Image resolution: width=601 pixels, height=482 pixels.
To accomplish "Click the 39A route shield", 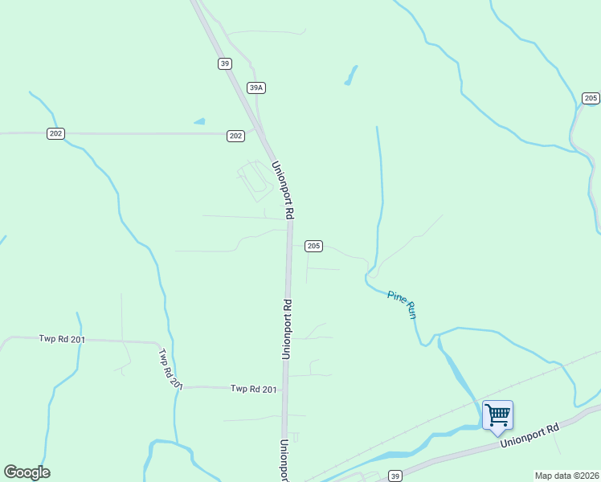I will pos(256,88).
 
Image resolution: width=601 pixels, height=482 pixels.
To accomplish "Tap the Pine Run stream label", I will pos(402,304).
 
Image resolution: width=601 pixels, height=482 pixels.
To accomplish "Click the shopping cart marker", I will pos(497,415).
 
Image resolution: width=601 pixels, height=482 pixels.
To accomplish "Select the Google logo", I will pos(27,472).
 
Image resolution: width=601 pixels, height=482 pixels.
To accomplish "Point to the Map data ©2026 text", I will pos(566,476).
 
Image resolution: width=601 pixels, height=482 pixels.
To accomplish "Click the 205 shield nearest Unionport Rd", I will pos(314,246).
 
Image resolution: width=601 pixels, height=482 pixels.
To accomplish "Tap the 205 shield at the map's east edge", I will pos(591,98).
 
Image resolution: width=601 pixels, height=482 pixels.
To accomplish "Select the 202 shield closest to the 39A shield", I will pos(235,136).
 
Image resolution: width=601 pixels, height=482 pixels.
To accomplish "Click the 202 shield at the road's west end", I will pos(55,133).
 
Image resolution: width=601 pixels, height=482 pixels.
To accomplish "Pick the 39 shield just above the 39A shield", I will pos(225,64).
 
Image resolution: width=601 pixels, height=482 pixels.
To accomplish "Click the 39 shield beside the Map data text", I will pos(395,476).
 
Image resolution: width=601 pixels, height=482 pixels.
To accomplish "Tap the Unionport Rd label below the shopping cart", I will pos(528,437).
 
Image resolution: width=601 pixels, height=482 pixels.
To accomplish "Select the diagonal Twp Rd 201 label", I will pos(171,369).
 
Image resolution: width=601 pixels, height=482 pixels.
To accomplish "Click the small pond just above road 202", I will pos(199,122).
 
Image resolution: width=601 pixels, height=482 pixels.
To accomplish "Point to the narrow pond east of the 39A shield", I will pos(350,76).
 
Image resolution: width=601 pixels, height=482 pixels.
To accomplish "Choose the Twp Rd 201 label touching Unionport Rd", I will pos(253,389).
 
